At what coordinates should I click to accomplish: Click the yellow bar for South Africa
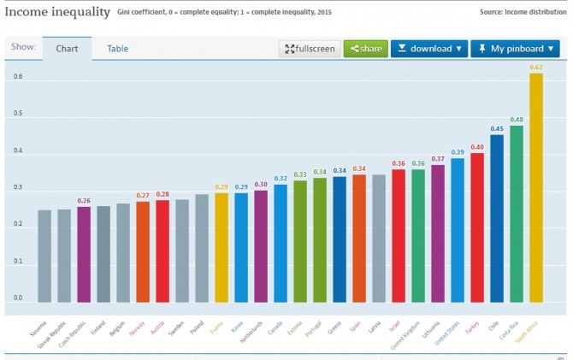[536, 188]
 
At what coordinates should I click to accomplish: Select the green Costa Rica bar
[517, 214]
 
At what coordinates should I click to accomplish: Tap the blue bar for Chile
[497, 219]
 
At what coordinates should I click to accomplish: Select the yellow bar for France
[222, 247]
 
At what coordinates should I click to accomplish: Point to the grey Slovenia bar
[44, 256]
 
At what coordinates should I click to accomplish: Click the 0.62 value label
[536, 67]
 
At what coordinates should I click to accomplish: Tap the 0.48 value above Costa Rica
[517, 120]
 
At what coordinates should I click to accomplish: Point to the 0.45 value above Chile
[497, 129]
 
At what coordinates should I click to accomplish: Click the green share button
[365, 49]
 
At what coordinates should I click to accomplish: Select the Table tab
[117, 49]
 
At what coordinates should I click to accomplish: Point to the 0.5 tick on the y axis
[17, 115]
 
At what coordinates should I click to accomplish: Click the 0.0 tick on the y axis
[17, 298]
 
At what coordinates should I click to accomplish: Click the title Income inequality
[56, 12]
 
